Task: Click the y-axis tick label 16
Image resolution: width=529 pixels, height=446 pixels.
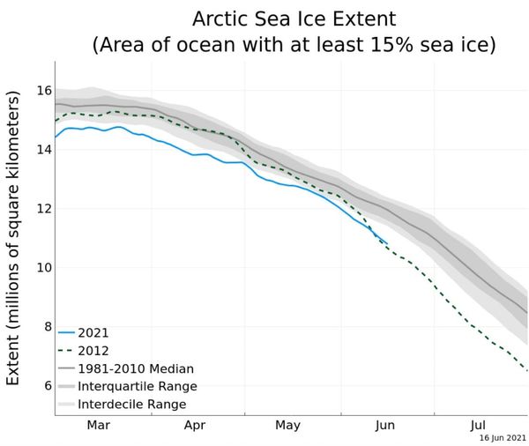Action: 44,91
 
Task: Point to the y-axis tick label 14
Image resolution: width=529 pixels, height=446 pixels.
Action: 44,150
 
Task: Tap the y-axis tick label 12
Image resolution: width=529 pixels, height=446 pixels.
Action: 44,209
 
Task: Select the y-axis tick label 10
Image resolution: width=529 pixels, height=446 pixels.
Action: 44,268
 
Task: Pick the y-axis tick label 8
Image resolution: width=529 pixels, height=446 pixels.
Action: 48,327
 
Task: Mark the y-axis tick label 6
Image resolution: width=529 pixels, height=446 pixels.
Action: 48,385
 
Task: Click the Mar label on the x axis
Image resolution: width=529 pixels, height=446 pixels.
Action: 99,425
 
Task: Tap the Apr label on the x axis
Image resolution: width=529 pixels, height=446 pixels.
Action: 195,425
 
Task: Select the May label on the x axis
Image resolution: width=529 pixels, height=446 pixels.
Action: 287,425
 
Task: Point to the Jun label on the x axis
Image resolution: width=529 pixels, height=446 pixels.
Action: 385,425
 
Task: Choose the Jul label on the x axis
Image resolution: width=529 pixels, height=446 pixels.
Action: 478,425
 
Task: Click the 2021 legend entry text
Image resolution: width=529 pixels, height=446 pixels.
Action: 93,333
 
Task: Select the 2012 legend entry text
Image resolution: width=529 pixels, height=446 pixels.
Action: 93,351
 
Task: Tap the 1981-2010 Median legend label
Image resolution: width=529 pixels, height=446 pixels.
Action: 136,368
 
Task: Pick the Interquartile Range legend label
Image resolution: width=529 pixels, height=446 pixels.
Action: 138,386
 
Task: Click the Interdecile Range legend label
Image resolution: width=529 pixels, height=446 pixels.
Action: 132,405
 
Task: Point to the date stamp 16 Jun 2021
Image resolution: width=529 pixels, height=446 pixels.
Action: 503,438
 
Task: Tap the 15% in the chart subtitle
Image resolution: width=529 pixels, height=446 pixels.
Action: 391,45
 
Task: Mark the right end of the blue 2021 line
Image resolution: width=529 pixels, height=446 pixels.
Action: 387,243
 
